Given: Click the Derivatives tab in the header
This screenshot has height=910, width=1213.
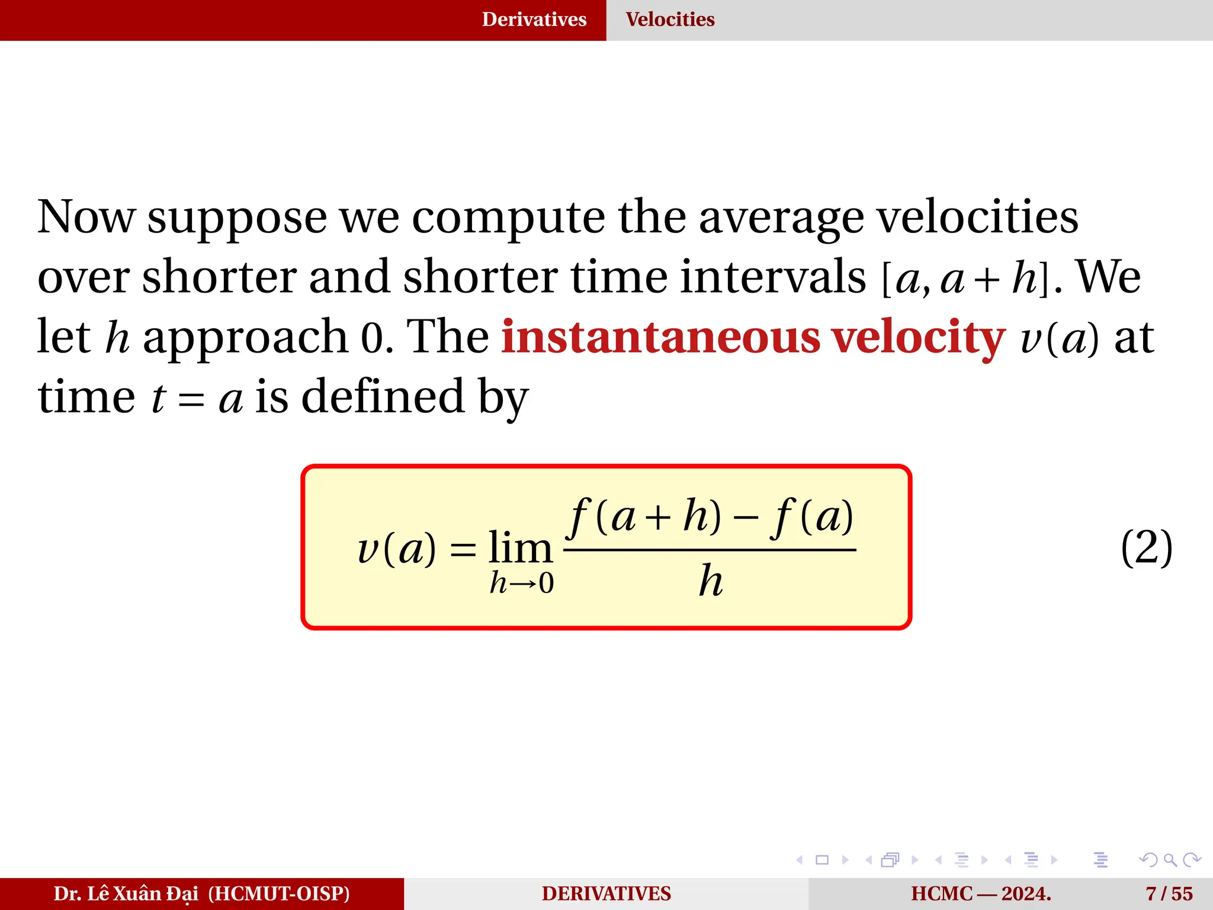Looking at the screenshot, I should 534,20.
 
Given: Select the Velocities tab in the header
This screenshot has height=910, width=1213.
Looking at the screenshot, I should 670,20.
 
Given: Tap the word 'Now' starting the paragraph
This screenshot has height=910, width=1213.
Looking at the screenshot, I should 86,217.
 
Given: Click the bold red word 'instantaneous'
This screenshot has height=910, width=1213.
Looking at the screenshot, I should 660,337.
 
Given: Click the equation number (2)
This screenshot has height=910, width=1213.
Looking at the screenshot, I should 1146,547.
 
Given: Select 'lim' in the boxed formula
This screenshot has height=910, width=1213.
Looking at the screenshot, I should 520,547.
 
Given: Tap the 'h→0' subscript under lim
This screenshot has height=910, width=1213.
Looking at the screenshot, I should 521,583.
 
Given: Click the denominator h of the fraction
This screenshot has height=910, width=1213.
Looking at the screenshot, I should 710,581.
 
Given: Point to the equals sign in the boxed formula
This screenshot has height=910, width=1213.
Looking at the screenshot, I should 463,550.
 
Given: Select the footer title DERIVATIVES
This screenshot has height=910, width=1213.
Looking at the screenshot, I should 606,893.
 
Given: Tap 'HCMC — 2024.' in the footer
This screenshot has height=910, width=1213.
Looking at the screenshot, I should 981,893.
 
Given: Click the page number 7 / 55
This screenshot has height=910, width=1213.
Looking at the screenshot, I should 1169,893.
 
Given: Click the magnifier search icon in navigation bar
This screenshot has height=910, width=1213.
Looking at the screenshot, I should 1170,860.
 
